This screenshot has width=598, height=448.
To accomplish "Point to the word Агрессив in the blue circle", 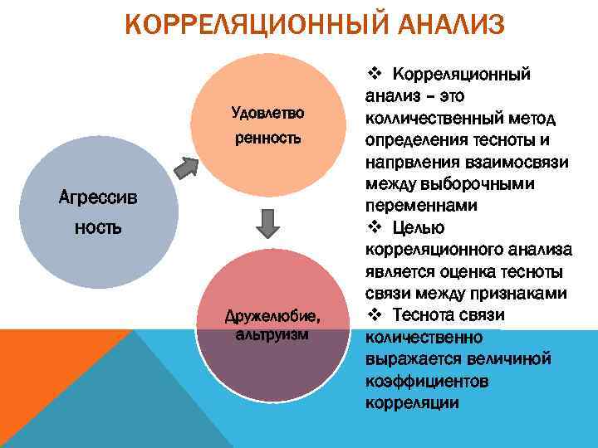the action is [x=93, y=198].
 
